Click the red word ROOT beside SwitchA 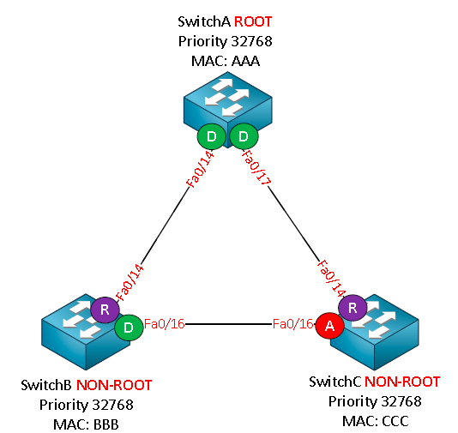click(x=253, y=22)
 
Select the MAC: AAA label click(x=226, y=61)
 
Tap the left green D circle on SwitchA click(x=212, y=136)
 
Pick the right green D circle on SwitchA click(x=244, y=136)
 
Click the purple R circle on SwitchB click(x=105, y=310)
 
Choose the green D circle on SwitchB click(x=129, y=328)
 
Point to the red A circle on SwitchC click(x=329, y=326)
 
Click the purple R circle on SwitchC click(x=353, y=308)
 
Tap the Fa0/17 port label click(x=256, y=167)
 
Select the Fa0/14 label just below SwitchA click(x=201, y=169)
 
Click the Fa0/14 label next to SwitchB click(x=130, y=283)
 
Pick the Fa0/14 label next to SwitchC click(x=332, y=279)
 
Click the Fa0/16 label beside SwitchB click(x=165, y=324)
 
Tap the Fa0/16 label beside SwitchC click(x=292, y=324)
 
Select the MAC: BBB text click(x=86, y=424)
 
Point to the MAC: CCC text click(x=376, y=421)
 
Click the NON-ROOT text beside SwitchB click(x=114, y=385)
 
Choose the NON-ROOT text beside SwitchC click(x=402, y=382)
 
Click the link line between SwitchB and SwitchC click(x=229, y=324)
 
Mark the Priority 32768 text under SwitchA click(x=226, y=41)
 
